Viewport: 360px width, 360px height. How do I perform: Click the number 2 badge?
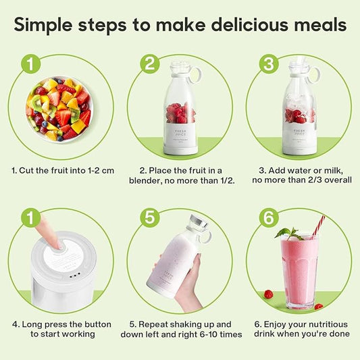(150, 64)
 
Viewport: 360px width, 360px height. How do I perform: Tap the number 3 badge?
(269, 64)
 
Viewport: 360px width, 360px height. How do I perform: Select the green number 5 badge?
(150, 218)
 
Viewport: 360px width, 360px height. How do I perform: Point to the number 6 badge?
(269, 218)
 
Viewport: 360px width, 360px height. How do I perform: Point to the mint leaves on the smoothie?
(288, 233)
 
